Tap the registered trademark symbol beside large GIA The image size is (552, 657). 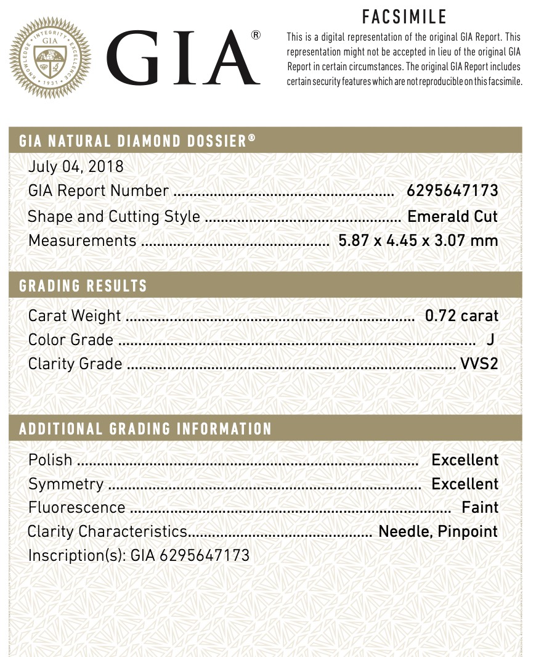[x=256, y=35]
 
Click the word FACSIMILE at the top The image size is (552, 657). [x=404, y=16]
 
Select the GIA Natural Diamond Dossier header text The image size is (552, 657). [x=137, y=141]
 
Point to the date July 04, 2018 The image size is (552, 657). [x=76, y=166]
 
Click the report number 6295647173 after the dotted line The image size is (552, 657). [x=452, y=191]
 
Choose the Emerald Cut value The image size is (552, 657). [x=452, y=216]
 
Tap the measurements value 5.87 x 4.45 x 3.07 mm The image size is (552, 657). [x=418, y=240]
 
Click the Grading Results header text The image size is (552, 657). [x=83, y=286]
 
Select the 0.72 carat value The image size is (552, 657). [x=461, y=316]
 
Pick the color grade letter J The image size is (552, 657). [x=490, y=340]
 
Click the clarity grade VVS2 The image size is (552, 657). [x=479, y=364]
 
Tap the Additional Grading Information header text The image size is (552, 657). [x=145, y=429]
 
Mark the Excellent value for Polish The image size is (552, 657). [x=465, y=460]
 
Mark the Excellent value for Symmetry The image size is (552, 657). [x=465, y=484]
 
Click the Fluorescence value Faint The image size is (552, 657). [x=480, y=507]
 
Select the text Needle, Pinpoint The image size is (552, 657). [x=437, y=531]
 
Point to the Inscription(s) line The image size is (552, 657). [x=139, y=555]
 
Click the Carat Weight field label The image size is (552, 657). [x=75, y=316]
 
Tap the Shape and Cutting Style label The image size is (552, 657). [x=114, y=216]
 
